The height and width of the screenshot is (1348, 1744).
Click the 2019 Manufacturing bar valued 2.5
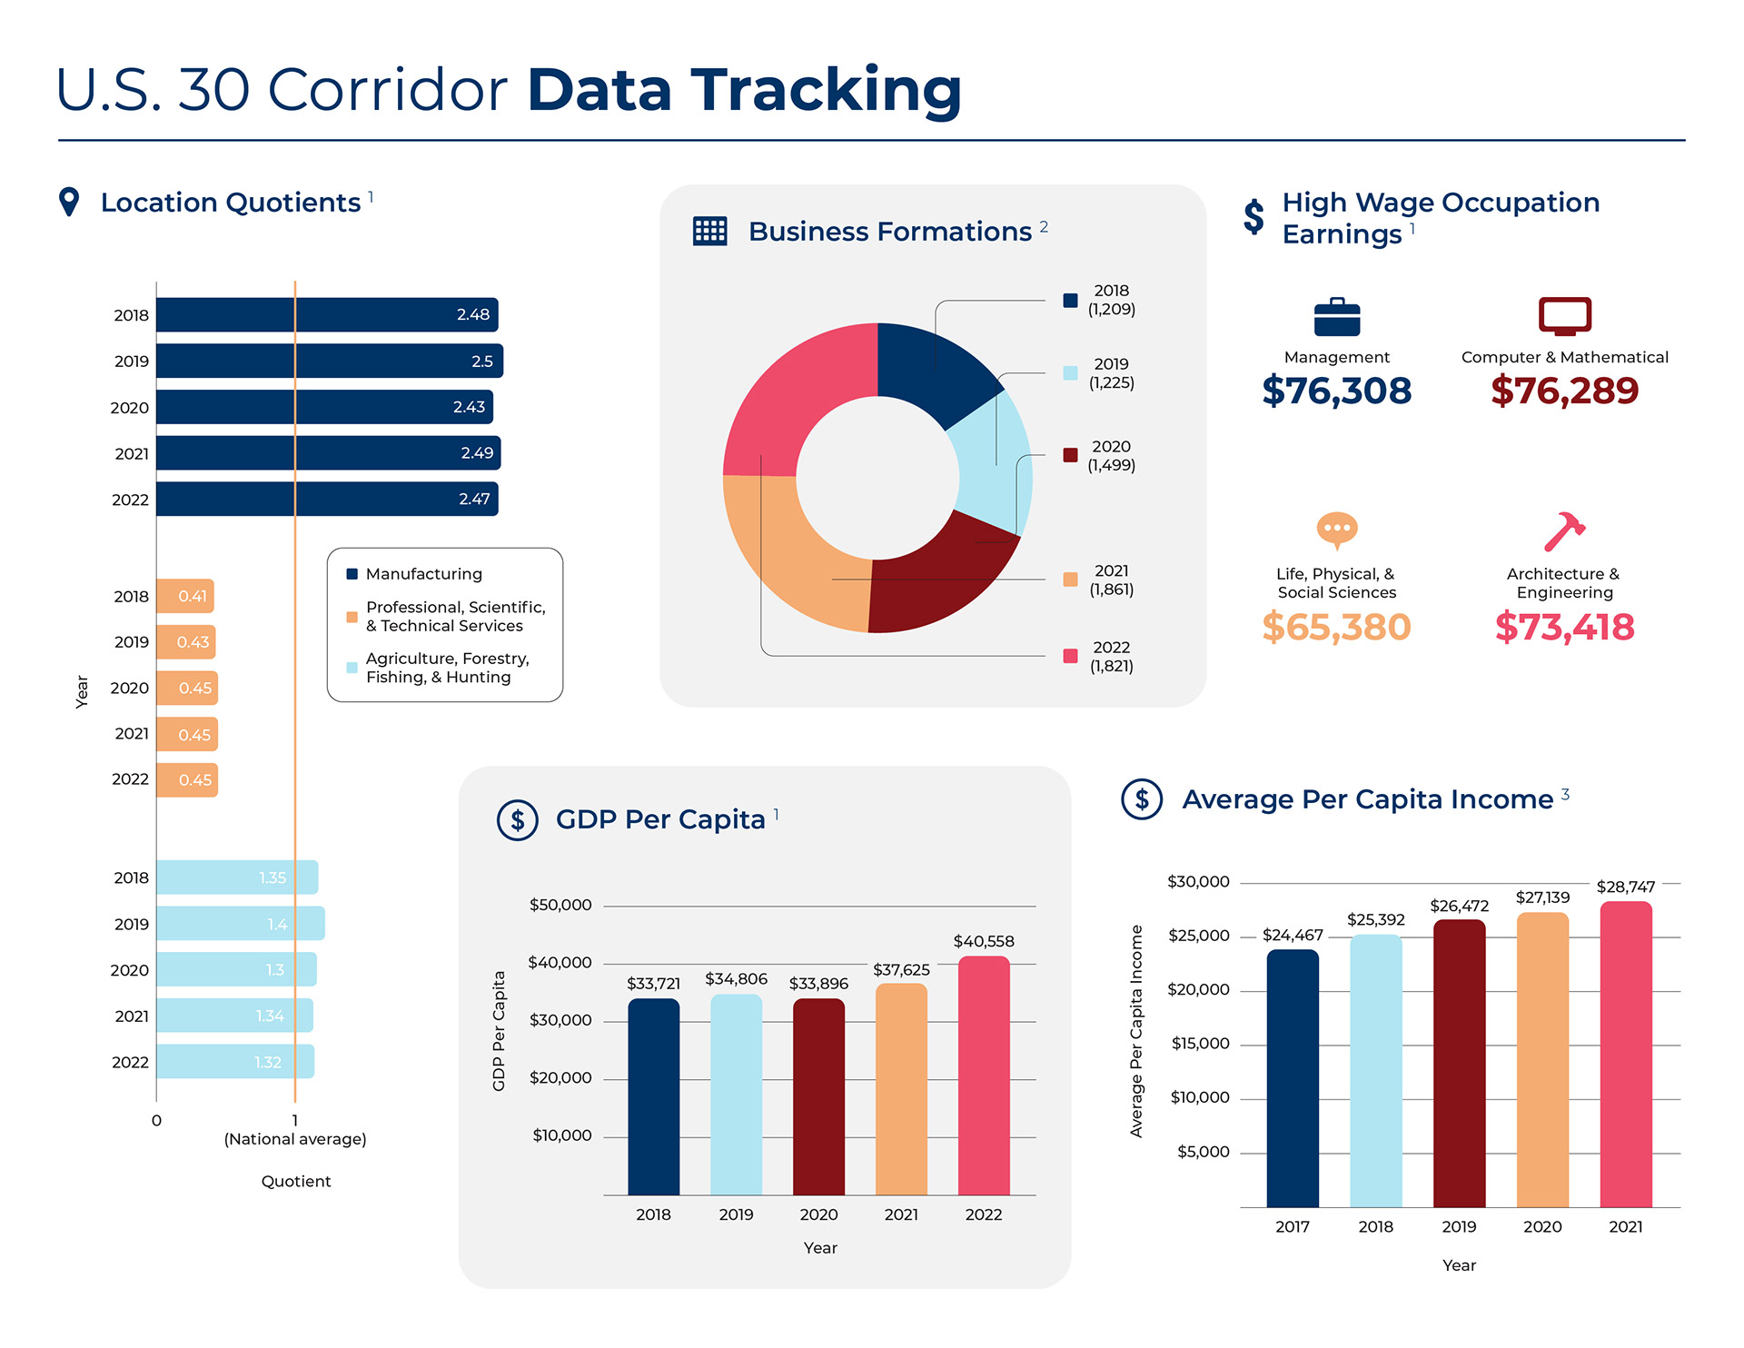click(329, 361)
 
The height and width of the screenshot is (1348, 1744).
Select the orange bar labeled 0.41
click(185, 596)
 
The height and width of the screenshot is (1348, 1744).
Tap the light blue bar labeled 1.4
click(240, 923)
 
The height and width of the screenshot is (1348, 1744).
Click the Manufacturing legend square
click(352, 574)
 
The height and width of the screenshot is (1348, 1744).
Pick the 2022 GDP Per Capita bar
click(984, 1075)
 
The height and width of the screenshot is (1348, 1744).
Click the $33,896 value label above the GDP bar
click(818, 984)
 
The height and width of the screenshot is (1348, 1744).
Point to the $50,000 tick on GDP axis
click(560, 905)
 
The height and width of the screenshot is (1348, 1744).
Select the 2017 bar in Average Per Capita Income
click(1292, 1077)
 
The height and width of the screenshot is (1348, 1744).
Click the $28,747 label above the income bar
click(1626, 887)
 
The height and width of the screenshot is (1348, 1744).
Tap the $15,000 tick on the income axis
click(1200, 1044)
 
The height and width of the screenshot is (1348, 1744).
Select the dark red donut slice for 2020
click(940, 572)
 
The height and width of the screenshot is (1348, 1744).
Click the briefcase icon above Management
click(1337, 317)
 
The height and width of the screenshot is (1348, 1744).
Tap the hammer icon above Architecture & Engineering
click(1564, 531)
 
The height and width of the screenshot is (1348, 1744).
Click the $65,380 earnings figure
click(1336, 627)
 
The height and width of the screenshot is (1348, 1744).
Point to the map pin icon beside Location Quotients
click(69, 201)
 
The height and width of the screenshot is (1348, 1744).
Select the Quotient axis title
click(296, 1181)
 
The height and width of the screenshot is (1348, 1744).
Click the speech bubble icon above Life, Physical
click(1337, 530)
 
